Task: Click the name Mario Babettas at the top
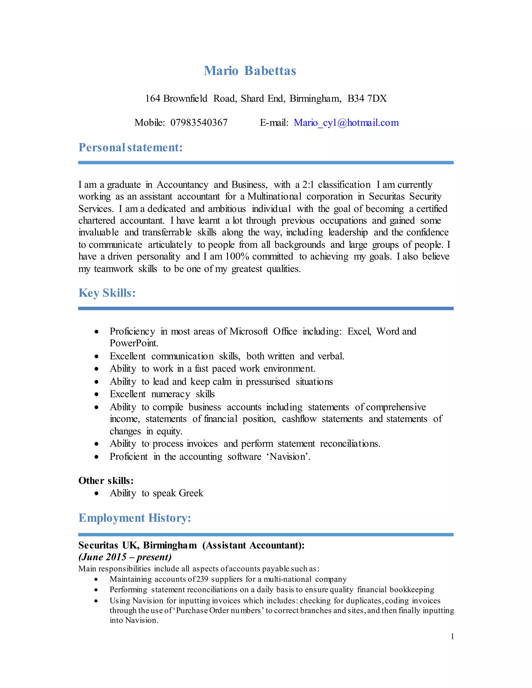click(250, 71)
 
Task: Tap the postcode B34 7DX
click(367, 99)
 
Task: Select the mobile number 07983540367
click(199, 123)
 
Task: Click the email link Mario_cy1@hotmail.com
click(346, 123)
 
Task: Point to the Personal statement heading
click(130, 147)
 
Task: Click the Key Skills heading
click(107, 293)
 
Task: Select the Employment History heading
click(135, 518)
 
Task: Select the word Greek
click(191, 493)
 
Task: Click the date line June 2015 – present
click(125, 557)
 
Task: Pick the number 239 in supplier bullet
click(202, 579)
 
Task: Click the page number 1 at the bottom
click(452, 637)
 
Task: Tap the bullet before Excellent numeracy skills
click(96, 394)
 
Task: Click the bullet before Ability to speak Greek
click(96, 493)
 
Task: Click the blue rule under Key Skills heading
click(266, 308)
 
